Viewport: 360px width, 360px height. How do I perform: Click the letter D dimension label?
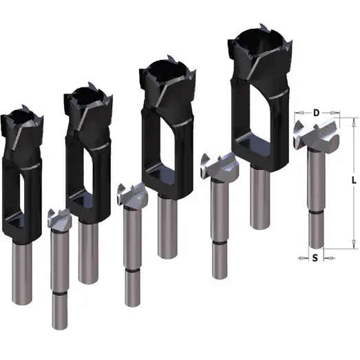(317, 112)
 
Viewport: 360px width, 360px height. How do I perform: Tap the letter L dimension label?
(352, 180)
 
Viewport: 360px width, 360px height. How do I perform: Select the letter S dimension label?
(315, 258)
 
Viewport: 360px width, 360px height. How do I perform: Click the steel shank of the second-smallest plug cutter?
(87, 252)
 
